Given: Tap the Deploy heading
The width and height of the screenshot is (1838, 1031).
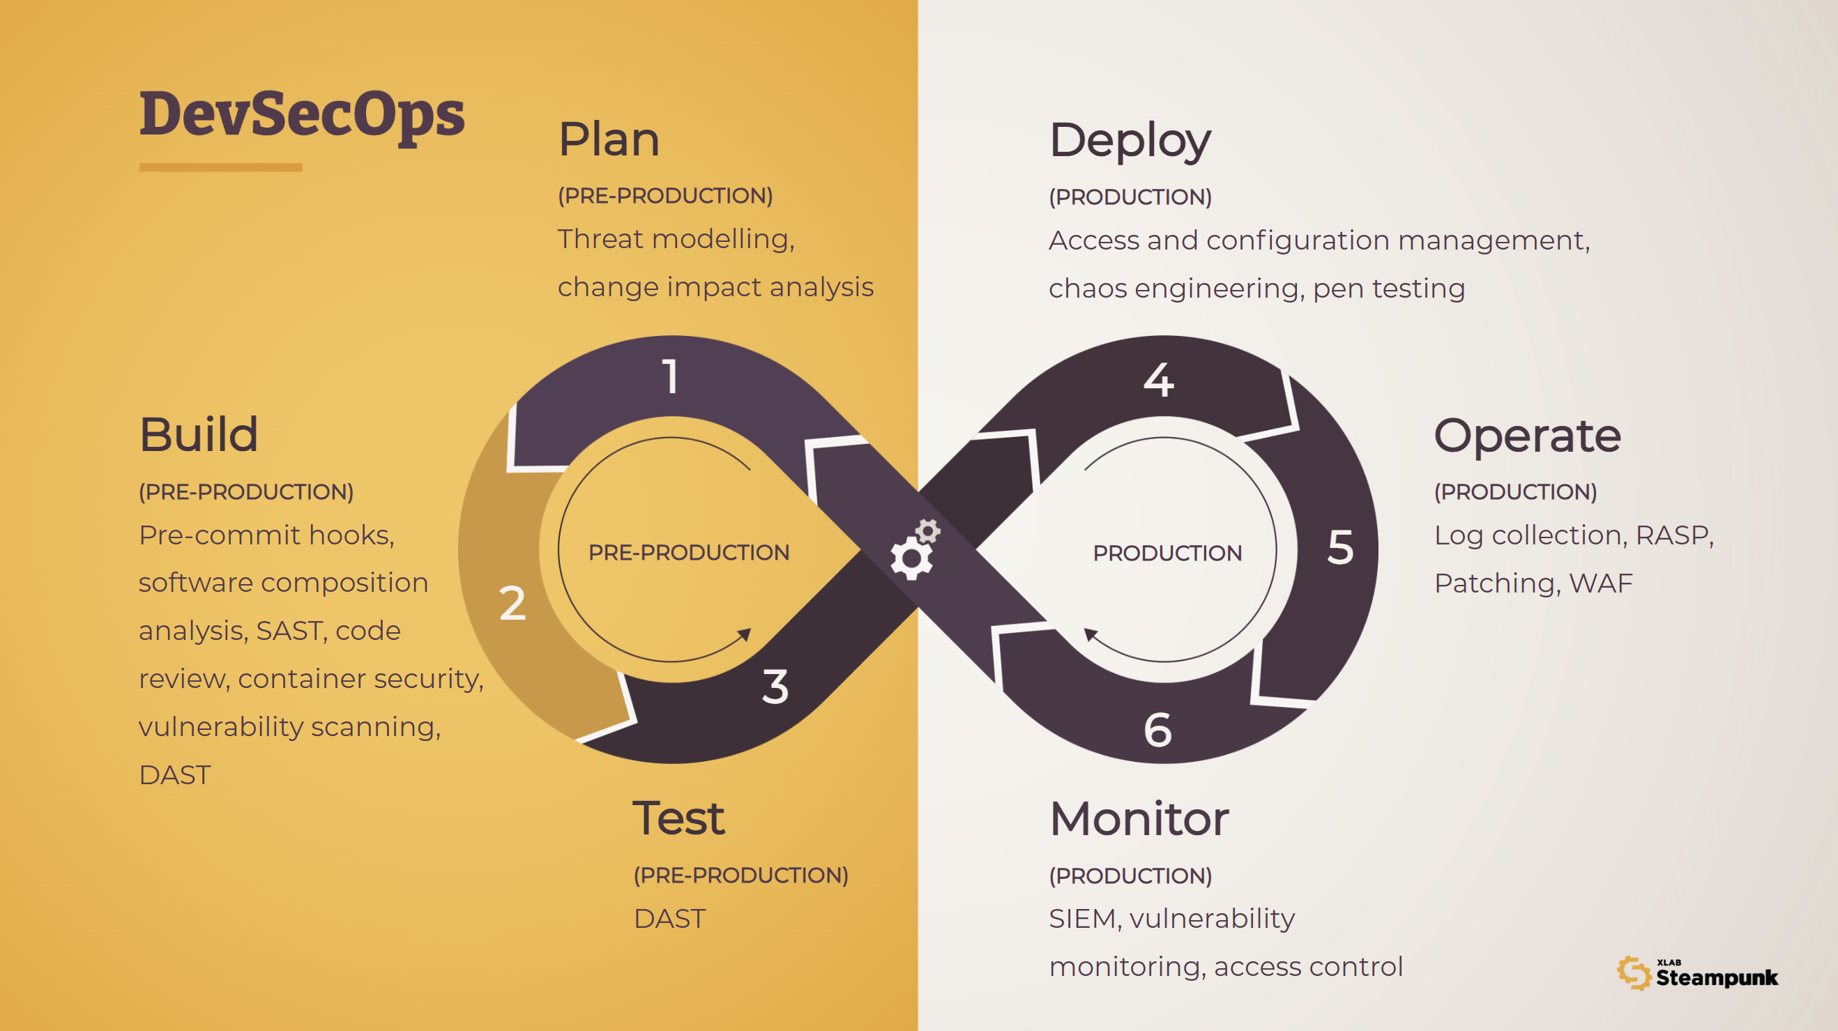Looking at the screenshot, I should [x=1130, y=141].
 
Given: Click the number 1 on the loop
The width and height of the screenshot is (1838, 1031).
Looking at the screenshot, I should [x=670, y=376].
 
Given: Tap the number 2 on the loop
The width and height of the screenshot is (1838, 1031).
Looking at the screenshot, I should [x=512, y=604].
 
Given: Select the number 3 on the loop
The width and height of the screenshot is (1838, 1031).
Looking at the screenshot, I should [x=775, y=687].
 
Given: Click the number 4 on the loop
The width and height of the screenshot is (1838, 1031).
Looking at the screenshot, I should [x=1158, y=380].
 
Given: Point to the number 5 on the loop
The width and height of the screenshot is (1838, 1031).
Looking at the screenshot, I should [x=1340, y=547].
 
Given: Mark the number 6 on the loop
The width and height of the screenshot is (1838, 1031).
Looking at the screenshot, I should [x=1157, y=730].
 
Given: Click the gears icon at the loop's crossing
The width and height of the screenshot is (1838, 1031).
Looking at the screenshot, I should [x=916, y=549].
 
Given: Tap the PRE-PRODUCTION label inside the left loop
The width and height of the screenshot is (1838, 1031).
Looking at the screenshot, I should [x=688, y=552].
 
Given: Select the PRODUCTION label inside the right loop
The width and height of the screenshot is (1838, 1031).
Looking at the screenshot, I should [x=1167, y=553].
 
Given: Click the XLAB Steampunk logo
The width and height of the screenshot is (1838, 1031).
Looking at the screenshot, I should [x=1697, y=974].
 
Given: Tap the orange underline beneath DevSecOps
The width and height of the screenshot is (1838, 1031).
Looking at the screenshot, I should [x=220, y=168].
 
